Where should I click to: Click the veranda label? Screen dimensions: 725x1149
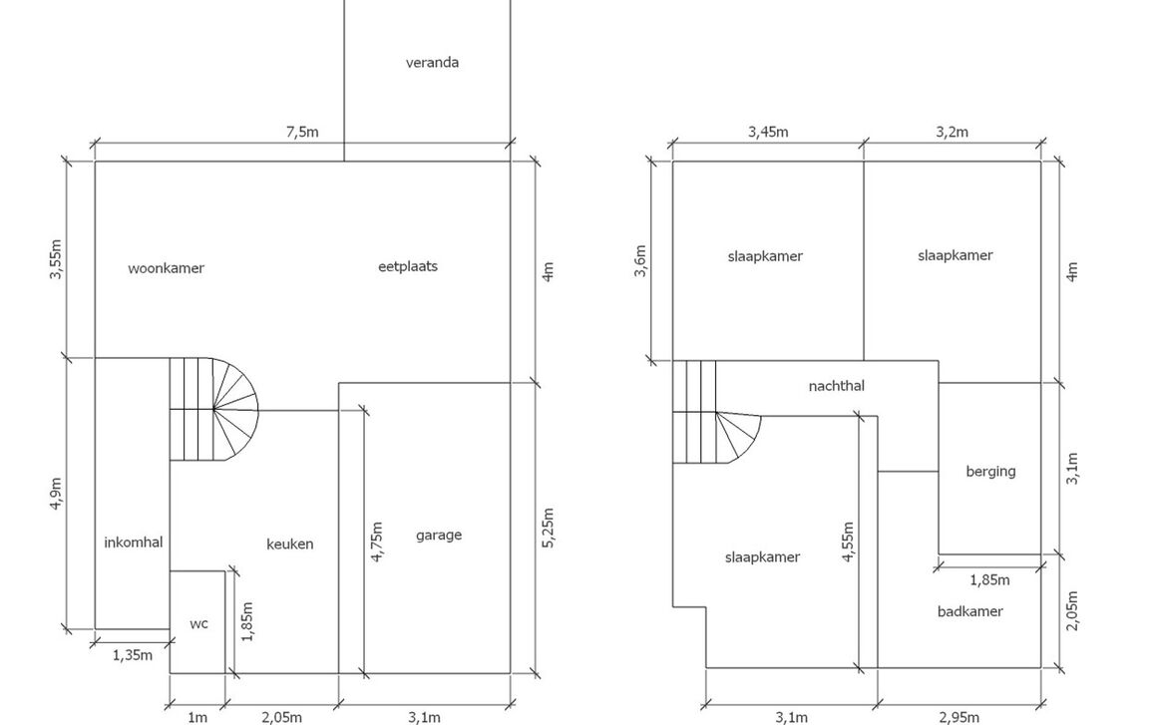432,62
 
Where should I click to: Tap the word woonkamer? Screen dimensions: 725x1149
166,268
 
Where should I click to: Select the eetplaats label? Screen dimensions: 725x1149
408,266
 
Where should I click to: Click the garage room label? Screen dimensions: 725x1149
438,535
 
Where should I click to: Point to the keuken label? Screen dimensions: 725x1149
289,544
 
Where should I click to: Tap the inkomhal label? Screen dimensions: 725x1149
133,542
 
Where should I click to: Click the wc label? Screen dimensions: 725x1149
198,624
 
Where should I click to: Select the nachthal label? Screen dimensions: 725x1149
836,385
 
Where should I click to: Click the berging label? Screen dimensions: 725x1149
989,471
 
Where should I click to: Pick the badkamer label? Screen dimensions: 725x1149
969,611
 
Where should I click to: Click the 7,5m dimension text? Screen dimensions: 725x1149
302,132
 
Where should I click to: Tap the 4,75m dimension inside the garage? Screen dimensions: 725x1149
376,543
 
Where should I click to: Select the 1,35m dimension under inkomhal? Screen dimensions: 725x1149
132,655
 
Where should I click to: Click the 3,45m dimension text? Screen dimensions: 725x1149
767,132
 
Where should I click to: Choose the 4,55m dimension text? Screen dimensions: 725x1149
848,542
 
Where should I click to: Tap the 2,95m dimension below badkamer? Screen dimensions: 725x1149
959,716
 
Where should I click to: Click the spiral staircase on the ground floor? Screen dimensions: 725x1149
213,409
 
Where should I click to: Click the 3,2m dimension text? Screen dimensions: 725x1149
952,132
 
